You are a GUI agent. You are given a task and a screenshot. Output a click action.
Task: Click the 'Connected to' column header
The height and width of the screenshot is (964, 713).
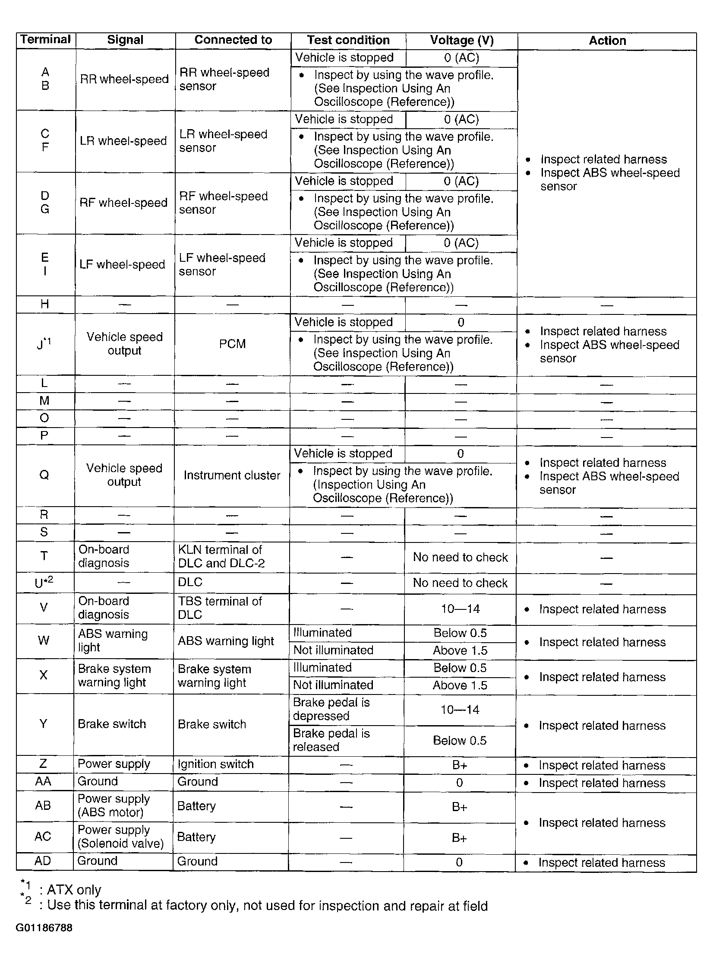[x=233, y=40]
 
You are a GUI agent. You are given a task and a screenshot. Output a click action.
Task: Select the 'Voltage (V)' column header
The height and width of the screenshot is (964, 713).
[x=461, y=40]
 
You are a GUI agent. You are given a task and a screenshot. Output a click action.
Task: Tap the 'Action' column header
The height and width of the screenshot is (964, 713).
[x=607, y=41]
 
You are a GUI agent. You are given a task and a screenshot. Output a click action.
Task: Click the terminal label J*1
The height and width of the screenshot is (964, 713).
[x=43, y=344]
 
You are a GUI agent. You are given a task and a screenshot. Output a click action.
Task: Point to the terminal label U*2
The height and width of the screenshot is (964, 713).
[x=44, y=583]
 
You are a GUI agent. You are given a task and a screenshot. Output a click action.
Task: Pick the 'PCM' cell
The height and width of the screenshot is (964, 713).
[x=232, y=344]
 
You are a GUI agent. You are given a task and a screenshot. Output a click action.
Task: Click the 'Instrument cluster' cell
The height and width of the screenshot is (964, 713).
[x=232, y=476]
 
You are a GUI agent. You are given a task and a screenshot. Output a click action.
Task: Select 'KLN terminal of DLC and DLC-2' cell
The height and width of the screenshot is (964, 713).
[x=221, y=556]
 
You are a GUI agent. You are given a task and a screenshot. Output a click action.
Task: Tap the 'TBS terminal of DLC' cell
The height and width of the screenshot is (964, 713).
[x=220, y=608]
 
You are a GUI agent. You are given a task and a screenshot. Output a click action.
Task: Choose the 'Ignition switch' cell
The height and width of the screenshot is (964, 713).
[x=215, y=764]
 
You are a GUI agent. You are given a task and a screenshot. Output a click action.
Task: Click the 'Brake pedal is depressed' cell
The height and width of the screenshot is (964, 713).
[x=331, y=709]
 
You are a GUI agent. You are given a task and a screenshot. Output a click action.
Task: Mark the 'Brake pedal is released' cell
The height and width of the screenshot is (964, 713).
[x=331, y=740]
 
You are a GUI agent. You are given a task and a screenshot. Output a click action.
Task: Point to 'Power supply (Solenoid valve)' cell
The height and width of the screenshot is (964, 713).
[x=120, y=837]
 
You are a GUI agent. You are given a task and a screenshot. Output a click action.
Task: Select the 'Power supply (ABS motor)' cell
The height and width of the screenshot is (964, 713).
[x=114, y=805]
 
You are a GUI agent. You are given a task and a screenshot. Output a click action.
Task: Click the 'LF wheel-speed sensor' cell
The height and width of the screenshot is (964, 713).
[x=222, y=264]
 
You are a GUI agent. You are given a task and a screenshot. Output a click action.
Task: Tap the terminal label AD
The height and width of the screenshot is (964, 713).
[x=43, y=861]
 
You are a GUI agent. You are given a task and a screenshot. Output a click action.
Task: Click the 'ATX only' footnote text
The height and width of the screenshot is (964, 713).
[x=74, y=890]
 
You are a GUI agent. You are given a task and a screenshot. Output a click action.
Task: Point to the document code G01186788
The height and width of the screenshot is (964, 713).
[x=44, y=928]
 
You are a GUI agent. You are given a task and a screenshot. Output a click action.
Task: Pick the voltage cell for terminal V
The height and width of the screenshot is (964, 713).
[x=460, y=609]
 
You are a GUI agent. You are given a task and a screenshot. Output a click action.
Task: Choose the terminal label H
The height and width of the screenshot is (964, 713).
[x=44, y=304]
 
